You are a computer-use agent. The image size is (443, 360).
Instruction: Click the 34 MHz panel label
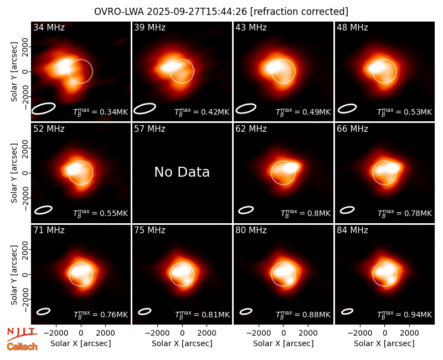49,27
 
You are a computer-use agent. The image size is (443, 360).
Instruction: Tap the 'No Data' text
182,172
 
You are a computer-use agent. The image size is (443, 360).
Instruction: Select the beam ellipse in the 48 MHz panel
347,109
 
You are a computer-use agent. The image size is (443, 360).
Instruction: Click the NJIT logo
22,334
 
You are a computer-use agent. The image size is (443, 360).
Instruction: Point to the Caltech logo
22,347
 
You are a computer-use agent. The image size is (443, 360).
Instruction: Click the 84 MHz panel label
352,230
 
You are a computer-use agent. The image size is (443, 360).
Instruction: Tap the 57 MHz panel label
150,129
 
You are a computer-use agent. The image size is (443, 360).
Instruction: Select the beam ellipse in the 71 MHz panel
44,311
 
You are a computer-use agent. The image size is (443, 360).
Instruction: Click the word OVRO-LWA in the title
119,12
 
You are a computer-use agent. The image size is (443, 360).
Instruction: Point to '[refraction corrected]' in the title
299,12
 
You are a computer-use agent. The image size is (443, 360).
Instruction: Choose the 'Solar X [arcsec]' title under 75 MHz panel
182,343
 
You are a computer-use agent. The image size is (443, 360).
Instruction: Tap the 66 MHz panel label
352,129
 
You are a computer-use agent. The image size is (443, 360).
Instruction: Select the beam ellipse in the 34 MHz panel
44,109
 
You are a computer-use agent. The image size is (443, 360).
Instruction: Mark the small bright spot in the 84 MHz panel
392,279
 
